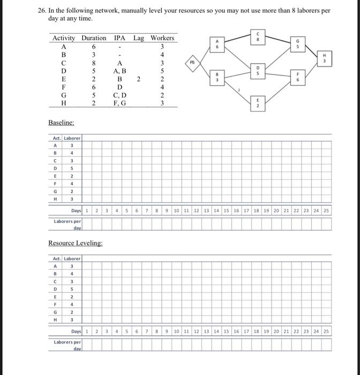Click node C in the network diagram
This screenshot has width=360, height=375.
[x=258, y=36]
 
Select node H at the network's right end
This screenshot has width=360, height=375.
[x=324, y=58]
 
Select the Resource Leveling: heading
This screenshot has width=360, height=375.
[x=76, y=243]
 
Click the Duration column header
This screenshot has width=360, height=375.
[x=94, y=38]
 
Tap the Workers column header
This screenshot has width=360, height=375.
[x=162, y=38]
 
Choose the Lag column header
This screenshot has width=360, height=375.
[x=139, y=38]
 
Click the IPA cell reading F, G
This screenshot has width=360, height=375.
[x=120, y=103]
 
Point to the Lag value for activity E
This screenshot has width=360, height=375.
[x=139, y=79]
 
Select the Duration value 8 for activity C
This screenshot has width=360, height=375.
[x=93, y=63]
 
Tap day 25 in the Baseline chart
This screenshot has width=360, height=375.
[x=326, y=211]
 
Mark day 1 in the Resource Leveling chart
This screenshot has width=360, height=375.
[x=86, y=332]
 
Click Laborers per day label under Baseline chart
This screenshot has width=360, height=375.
[x=67, y=224]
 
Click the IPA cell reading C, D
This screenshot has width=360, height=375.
[x=120, y=95]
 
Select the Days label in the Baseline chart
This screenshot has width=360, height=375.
[x=76, y=211]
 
